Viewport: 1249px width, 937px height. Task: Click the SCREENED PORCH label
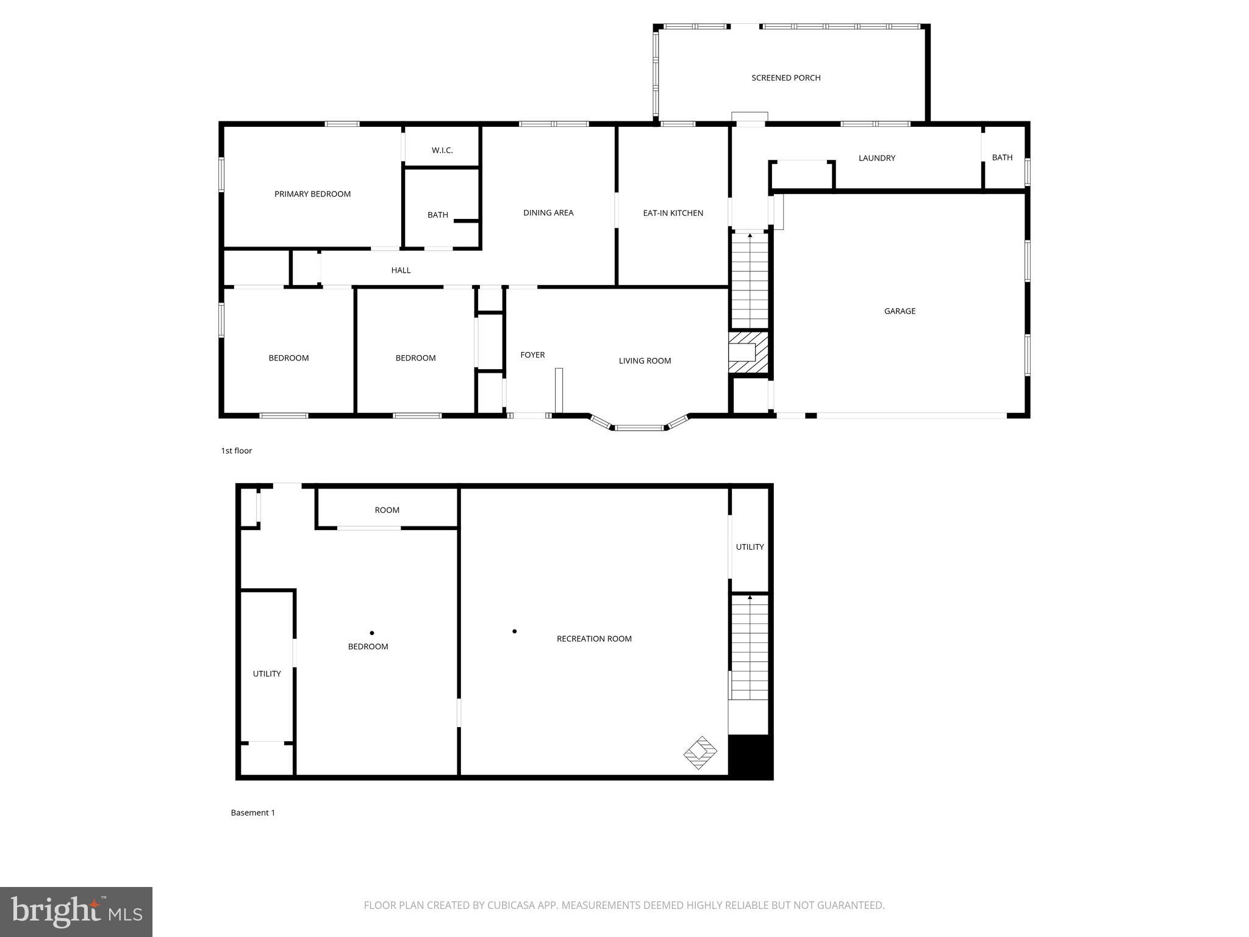point(786,78)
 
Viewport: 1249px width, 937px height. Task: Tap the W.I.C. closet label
point(442,150)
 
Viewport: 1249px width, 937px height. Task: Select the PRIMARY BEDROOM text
point(312,194)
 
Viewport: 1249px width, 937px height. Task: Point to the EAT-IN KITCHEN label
point(673,213)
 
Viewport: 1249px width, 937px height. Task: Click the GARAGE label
point(900,311)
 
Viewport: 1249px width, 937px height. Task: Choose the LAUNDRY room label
point(876,158)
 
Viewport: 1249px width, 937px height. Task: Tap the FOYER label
point(532,355)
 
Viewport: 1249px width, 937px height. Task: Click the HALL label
point(401,270)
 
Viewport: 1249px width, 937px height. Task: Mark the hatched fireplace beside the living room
point(749,353)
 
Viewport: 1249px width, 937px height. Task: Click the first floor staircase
point(750,281)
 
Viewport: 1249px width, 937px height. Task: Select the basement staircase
point(750,648)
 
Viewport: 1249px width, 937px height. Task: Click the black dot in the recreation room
point(515,631)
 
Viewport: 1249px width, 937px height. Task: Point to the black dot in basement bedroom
point(372,633)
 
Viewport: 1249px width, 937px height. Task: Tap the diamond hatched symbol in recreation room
point(700,752)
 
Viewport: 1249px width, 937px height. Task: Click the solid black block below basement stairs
point(750,756)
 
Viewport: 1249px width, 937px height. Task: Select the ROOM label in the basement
point(387,510)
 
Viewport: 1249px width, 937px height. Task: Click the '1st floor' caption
point(237,451)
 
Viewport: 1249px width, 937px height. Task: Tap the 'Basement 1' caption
point(253,813)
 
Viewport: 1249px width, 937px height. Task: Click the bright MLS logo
point(76,912)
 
